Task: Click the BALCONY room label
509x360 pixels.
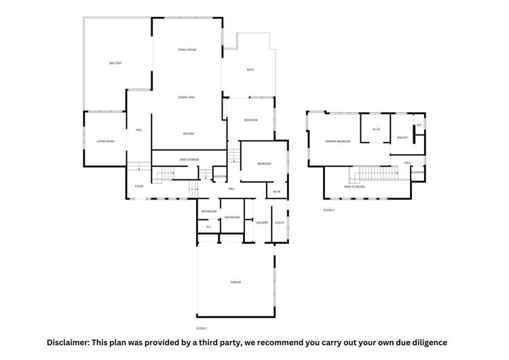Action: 115,63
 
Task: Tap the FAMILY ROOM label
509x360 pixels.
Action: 187,50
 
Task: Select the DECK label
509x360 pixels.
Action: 250,69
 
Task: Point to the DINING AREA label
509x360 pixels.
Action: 187,98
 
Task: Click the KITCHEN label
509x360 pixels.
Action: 189,134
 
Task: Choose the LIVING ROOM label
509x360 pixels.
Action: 105,141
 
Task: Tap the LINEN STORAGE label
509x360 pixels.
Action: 189,160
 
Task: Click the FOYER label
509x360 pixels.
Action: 138,185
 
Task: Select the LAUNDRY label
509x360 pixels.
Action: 261,223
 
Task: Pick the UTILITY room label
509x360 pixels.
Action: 280,223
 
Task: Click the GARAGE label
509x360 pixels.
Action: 235,282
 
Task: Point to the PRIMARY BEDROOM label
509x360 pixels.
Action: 338,141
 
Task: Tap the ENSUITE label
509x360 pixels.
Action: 401,137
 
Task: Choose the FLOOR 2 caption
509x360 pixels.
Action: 329,210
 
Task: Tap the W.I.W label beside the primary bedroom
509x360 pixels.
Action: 375,129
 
